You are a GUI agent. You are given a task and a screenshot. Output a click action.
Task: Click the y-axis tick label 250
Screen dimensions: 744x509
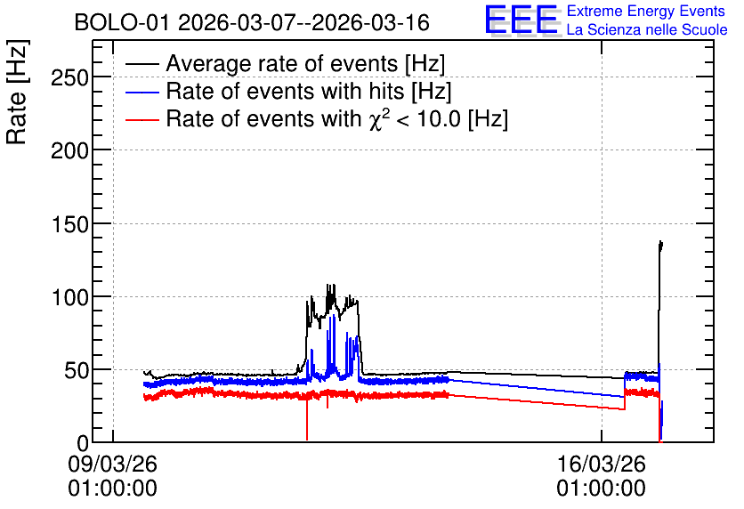[x=69, y=78]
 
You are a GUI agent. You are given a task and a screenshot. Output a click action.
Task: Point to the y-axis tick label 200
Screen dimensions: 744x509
[x=69, y=151]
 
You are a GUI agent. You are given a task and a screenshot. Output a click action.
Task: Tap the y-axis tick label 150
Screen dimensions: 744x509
[x=69, y=224]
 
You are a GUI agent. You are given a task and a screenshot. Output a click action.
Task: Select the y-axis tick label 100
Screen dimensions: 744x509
[x=69, y=298]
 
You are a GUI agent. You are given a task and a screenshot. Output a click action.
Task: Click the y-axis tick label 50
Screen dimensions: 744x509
[x=77, y=371]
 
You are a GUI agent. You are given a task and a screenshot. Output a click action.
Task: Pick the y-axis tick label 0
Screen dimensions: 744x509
[x=83, y=443]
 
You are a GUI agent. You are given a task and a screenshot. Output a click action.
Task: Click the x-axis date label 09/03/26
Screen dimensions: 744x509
[x=112, y=464]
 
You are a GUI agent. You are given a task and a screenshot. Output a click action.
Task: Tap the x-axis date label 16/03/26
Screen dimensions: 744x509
[x=602, y=464]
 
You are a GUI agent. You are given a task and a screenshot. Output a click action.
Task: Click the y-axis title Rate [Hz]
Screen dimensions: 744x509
[x=17, y=92]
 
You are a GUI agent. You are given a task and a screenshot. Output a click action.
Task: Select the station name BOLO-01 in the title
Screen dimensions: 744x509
[x=122, y=22]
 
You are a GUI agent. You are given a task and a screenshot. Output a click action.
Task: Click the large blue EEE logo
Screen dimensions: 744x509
[x=522, y=20]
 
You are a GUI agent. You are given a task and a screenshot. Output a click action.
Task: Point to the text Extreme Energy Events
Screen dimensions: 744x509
[x=646, y=11]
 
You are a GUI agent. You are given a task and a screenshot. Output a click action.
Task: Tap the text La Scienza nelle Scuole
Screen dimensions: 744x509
[x=647, y=29]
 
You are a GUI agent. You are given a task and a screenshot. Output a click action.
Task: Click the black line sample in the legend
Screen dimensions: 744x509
[x=142, y=64]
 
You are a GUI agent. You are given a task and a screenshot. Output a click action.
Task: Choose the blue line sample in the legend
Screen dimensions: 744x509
[x=142, y=92]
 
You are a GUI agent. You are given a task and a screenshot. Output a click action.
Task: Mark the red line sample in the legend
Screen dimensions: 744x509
[x=142, y=119]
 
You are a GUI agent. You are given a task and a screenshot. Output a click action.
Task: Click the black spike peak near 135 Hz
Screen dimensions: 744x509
[x=660, y=242]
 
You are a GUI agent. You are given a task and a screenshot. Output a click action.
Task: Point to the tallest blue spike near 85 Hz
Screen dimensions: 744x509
[x=335, y=316]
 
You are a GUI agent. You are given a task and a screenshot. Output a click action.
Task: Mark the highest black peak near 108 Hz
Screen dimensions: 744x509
[x=328, y=285]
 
